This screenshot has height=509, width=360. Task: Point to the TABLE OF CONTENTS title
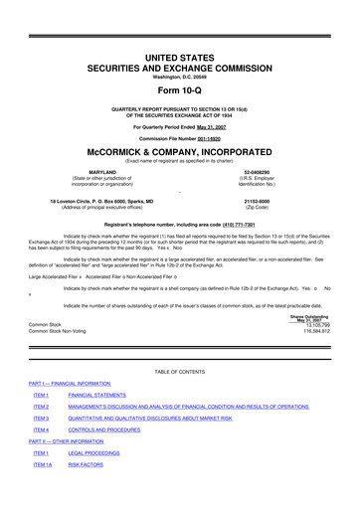pyautogui.click(x=180, y=398)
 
